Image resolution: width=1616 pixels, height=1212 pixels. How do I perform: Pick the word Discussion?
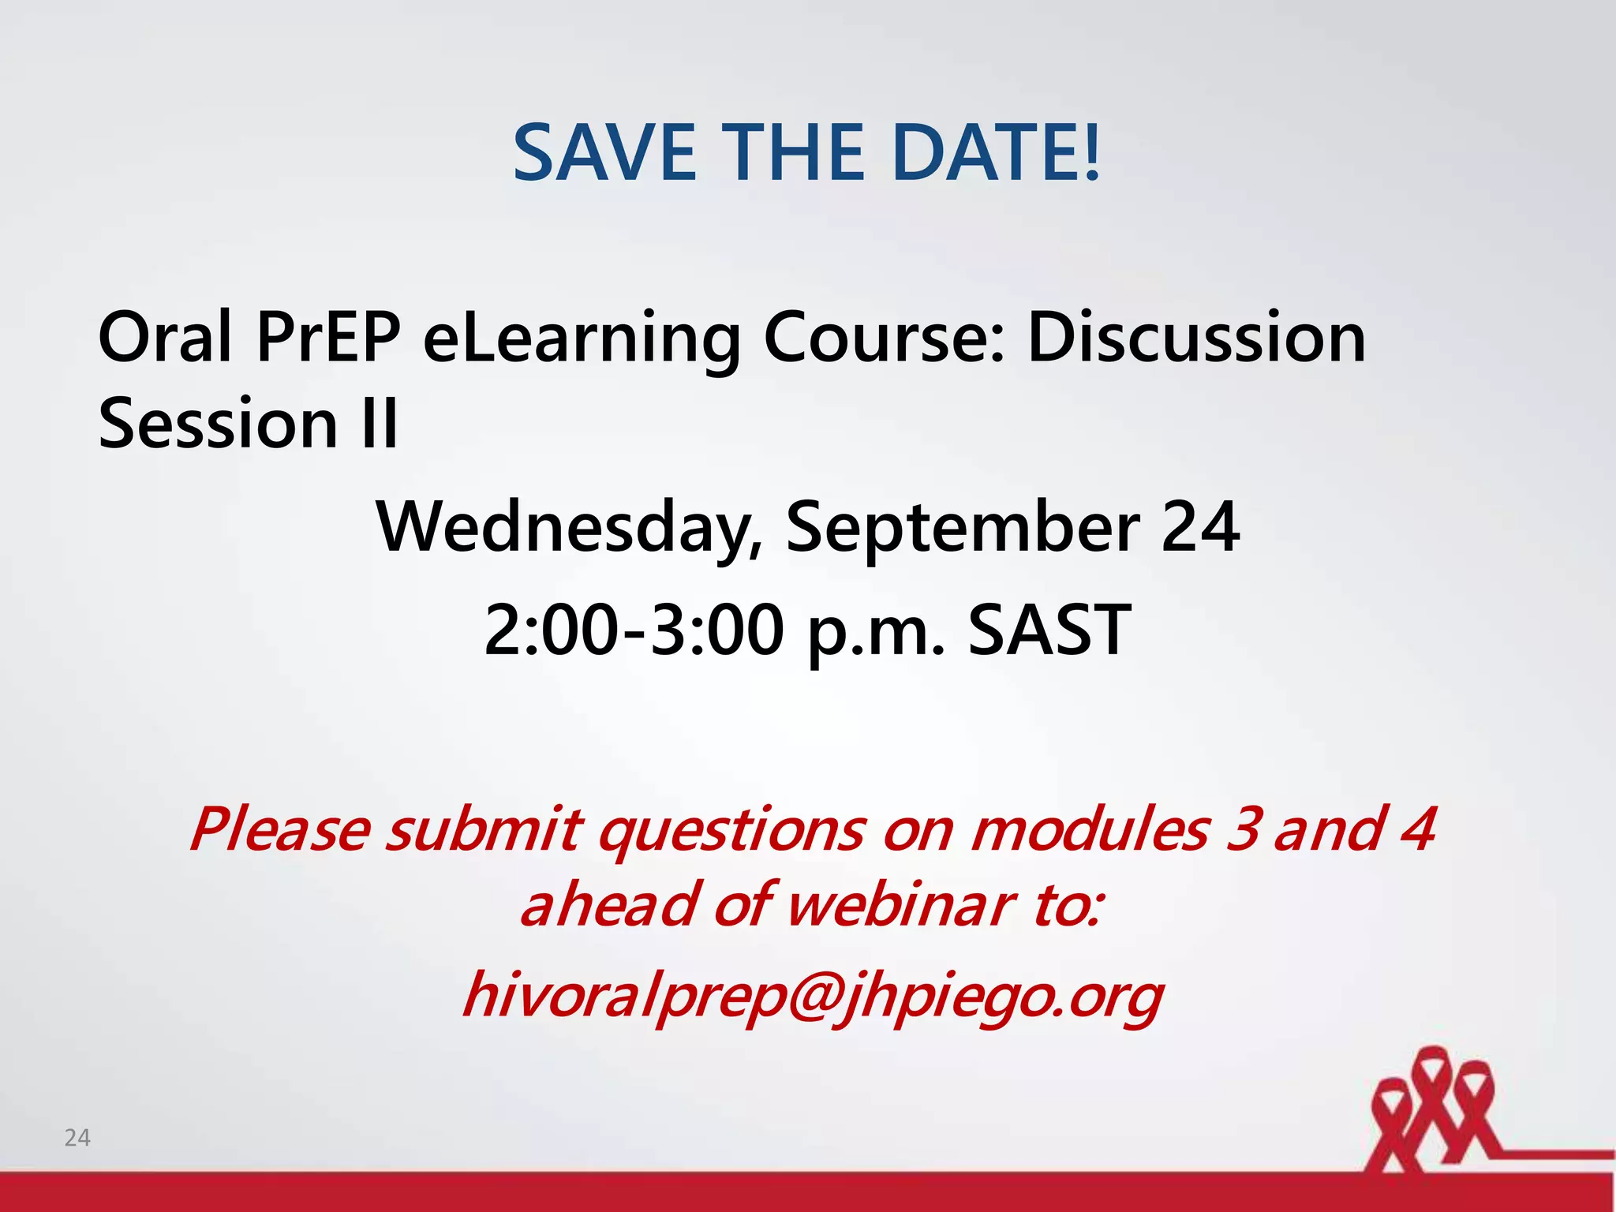(1195, 338)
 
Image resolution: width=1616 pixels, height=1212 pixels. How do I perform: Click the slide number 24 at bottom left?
(77, 1137)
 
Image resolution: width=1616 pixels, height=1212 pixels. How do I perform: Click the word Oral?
(165, 338)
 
